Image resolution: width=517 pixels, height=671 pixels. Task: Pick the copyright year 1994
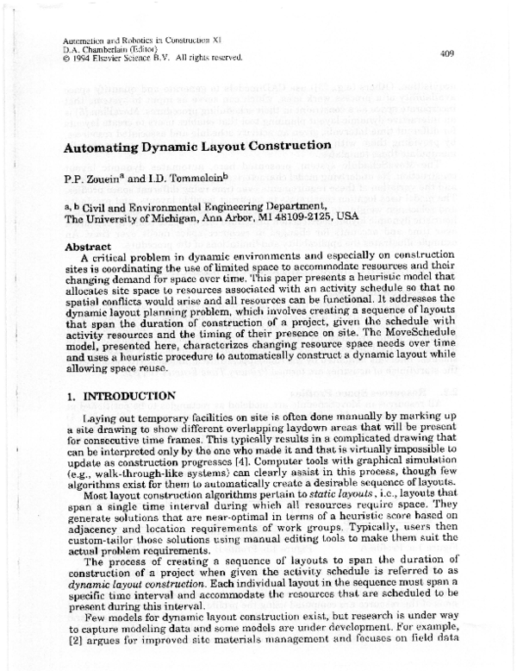pyautogui.click(x=86, y=59)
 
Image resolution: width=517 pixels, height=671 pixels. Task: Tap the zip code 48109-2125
pyautogui.click(x=321, y=219)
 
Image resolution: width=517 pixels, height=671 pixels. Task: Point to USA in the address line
pyautogui.click(x=368, y=219)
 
